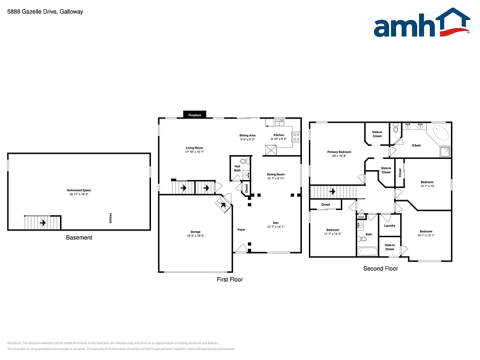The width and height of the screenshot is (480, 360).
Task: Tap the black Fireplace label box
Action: point(195,115)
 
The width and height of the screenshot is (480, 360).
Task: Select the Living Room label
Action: point(194,148)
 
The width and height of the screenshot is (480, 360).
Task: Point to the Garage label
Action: point(195,232)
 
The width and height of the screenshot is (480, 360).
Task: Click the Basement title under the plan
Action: point(79,238)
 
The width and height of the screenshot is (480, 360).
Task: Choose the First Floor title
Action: point(230,279)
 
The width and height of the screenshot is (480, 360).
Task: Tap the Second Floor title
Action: point(381,269)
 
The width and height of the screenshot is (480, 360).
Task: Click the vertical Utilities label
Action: point(111,218)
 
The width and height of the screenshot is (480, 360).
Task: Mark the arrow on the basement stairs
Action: point(43,223)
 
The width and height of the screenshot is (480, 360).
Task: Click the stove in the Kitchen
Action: point(296,137)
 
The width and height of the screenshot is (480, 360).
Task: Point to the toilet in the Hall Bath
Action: point(243,161)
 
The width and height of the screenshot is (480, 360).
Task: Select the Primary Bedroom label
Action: point(339,152)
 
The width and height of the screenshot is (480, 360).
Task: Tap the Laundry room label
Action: point(390,225)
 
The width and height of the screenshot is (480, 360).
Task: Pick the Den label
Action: point(276,223)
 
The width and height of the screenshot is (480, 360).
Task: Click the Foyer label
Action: point(241,230)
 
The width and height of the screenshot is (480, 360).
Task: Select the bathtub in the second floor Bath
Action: point(367,252)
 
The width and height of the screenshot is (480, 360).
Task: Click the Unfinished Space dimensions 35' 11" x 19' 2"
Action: point(79,194)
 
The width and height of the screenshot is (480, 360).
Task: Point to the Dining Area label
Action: point(247,135)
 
